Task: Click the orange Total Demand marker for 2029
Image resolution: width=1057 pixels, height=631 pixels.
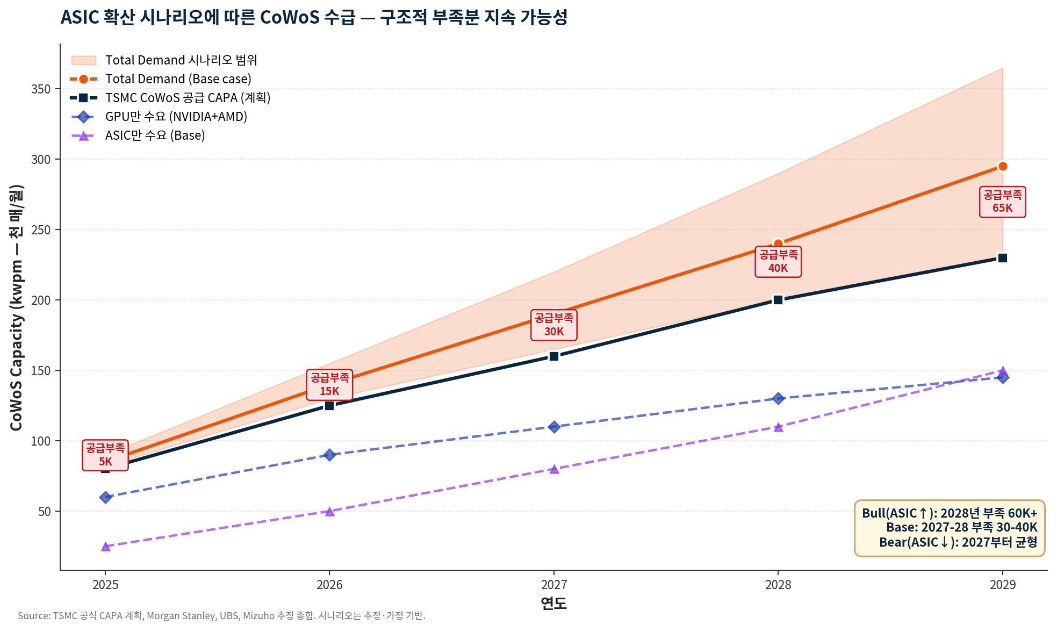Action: (x=1002, y=167)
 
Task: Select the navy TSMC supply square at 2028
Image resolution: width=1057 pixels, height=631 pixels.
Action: (x=778, y=300)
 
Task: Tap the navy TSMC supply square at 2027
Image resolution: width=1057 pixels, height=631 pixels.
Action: (x=554, y=356)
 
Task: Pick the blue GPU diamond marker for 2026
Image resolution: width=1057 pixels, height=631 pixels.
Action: (x=330, y=455)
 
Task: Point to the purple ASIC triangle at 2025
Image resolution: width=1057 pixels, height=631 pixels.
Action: (x=106, y=547)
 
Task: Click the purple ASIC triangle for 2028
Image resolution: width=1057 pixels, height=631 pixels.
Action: (x=778, y=427)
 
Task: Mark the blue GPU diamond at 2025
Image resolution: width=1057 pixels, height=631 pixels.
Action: (x=106, y=497)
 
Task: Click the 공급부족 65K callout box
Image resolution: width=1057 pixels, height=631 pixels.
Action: (x=1002, y=202)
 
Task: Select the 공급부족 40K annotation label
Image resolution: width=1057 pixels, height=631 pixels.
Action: (x=778, y=262)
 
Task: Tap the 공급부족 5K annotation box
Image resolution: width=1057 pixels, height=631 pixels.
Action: (x=105, y=455)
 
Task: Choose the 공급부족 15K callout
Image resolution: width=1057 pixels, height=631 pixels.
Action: (x=330, y=385)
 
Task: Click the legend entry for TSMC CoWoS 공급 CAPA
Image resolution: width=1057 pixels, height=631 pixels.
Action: (x=188, y=98)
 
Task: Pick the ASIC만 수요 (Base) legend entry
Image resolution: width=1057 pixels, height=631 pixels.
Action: (x=155, y=135)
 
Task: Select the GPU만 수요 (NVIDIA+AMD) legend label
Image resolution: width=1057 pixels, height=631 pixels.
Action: (x=176, y=117)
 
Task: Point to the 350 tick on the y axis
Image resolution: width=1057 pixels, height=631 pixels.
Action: (x=41, y=89)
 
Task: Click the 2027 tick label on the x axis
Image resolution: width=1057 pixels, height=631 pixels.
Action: (x=554, y=585)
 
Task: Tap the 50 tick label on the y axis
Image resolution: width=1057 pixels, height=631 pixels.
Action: (x=45, y=512)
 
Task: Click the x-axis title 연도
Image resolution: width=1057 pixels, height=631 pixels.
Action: (x=554, y=604)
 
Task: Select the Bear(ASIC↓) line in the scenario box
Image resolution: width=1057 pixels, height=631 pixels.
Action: (x=958, y=542)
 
